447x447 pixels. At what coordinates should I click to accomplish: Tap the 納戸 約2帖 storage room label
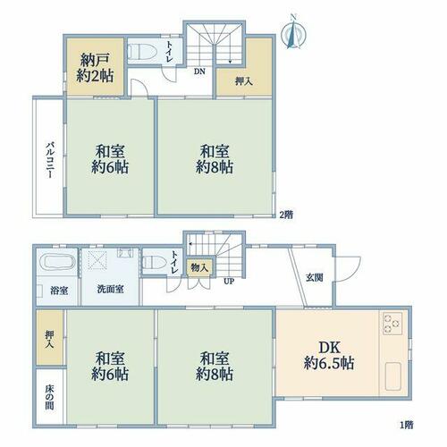[95, 68]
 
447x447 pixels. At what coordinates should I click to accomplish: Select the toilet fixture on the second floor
[142, 52]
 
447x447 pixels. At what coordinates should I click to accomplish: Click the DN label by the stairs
[199, 72]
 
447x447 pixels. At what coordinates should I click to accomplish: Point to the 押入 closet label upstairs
[244, 81]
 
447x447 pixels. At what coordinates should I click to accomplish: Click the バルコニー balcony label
[51, 160]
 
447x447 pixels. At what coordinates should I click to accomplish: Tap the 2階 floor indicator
[286, 215]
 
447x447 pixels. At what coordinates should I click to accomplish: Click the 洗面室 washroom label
[111, 289]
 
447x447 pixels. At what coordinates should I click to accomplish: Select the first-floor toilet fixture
[155, 262]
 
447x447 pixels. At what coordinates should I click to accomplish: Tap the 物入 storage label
[199, 267]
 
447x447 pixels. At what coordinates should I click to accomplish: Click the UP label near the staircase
[229, 281]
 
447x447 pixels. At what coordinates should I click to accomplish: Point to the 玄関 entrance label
[315, 278]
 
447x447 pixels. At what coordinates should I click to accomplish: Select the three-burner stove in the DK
[392, 324]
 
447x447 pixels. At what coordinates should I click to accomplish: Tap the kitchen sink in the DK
[393, 376]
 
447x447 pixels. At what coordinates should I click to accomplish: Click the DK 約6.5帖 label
[329, 356]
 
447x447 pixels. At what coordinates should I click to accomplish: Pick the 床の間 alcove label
[49, 397]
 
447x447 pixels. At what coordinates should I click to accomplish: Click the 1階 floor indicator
[406, 425]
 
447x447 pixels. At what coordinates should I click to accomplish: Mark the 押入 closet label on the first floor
[49, 340]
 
